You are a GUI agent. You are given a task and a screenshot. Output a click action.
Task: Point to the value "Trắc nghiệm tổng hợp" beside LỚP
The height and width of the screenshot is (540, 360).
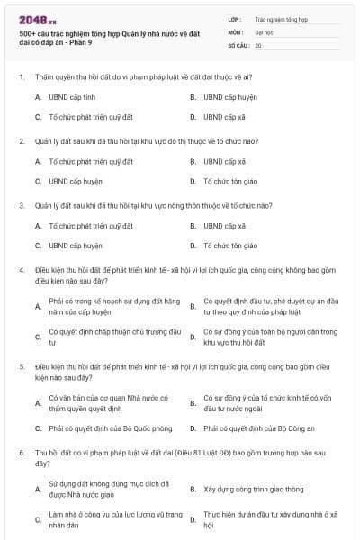point(281,19)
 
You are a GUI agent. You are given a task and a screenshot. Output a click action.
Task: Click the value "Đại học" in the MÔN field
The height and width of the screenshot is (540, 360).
point(265,31)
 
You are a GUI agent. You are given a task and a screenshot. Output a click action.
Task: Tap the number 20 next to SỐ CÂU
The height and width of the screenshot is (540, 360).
point(258,44)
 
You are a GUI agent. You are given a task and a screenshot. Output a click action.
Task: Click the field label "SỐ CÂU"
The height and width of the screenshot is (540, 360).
point(238,44)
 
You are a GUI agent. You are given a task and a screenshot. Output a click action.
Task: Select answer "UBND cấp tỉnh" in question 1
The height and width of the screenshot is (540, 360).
point(72,96)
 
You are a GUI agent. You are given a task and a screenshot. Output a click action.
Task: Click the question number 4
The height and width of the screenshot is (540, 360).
point(21,270)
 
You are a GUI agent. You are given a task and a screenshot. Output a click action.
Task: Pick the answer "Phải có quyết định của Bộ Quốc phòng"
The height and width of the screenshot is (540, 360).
point(111,428)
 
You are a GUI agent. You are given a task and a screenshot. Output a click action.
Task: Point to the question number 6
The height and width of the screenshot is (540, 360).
point(21,454)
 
